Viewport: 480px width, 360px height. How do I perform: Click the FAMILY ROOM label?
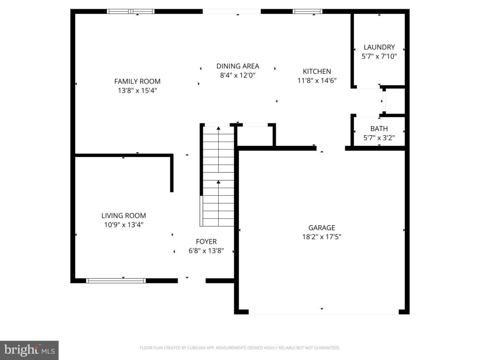(x=137, y=81)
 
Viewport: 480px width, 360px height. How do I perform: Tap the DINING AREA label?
(x=238, y=66)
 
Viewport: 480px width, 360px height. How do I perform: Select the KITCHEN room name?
(x=317, y=71)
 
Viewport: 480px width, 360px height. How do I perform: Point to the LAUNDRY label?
(x=379, y=47)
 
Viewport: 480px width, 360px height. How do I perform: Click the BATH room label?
(x=379, y=129)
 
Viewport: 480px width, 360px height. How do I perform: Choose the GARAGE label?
(x=322, y=228)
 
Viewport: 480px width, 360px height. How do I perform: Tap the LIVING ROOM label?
(x=123, y=216)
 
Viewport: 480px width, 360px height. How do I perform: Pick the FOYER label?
(x=206, y=241)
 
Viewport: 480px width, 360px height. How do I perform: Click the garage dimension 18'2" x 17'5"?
(x=322, y=237)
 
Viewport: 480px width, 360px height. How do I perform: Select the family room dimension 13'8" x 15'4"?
(x=137, y=91)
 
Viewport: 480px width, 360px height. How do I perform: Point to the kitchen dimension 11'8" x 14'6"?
(x=317, y=80)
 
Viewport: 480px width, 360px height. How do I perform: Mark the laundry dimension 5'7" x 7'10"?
(x=379, y=56)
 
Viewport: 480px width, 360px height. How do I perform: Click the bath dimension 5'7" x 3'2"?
(x=379, y=138)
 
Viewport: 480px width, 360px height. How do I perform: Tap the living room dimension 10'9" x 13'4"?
(x=123, y=225)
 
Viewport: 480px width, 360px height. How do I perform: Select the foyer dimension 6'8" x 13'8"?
(x=206, y=251)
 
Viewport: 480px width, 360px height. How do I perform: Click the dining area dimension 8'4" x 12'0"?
(x=238, y=75)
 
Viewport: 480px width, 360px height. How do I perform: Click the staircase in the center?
(x=218, y=175)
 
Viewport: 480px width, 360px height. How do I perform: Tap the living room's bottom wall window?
(x=116, y=280)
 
